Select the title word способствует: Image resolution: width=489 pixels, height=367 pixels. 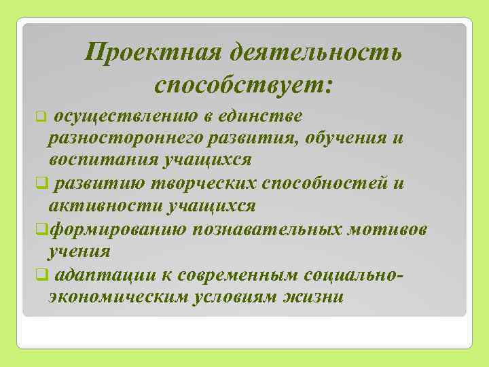[244, 85]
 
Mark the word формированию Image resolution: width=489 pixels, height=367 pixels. [118, 228]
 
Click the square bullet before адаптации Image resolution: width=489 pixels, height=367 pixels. [46, 275]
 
